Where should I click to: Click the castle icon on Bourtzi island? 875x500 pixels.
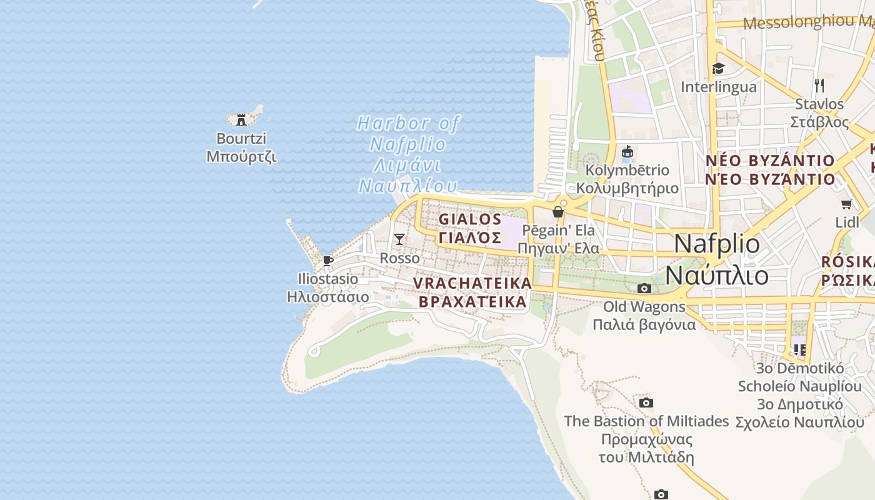pyautogui.click(x=241, y=119)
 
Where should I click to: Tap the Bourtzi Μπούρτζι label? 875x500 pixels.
pyautogui.click(x=241, y=147)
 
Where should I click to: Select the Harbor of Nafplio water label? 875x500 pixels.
pyautogui.click(x=407, y=154)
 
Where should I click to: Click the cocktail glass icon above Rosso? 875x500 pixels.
pyautogui.click(x=399, y=239)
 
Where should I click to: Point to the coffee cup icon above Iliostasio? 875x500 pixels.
pyautogui.click(x=327, y=261)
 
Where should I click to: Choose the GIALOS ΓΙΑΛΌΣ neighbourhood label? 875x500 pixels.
pyautogui.click(x=470, y=228)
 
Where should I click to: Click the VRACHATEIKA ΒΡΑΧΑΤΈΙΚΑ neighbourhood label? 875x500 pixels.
pyautogui.click(x=472, y=292)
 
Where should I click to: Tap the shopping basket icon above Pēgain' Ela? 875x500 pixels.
pyautogui.click(x=558, y=212)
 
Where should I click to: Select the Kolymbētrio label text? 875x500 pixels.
pyautogui.click(x=627, y=170)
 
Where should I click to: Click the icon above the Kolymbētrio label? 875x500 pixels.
pyautogui.click(x=627, y=152)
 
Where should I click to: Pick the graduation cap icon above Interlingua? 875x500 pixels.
pyautogui.click(x=718, y=68)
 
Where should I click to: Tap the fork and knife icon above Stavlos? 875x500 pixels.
pyautogui.click(x=819, y=85)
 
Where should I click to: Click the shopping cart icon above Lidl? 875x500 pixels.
pyautogui.click(x=847, y=204)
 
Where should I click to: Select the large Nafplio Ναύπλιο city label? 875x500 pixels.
pyautogui.click(x=717, y=259)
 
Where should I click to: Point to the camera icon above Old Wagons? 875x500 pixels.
pyautogui.click(x=644, y=288)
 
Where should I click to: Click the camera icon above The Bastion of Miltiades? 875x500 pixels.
pyautogui.click(x=646, y=402)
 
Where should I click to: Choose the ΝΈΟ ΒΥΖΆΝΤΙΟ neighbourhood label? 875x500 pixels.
pyautogui.click(x=770, y=170)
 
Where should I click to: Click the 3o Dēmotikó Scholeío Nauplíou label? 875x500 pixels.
pyautogui.click(x=800, y=395)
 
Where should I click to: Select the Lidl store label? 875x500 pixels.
pyautogui.click(x=847, y=222)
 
